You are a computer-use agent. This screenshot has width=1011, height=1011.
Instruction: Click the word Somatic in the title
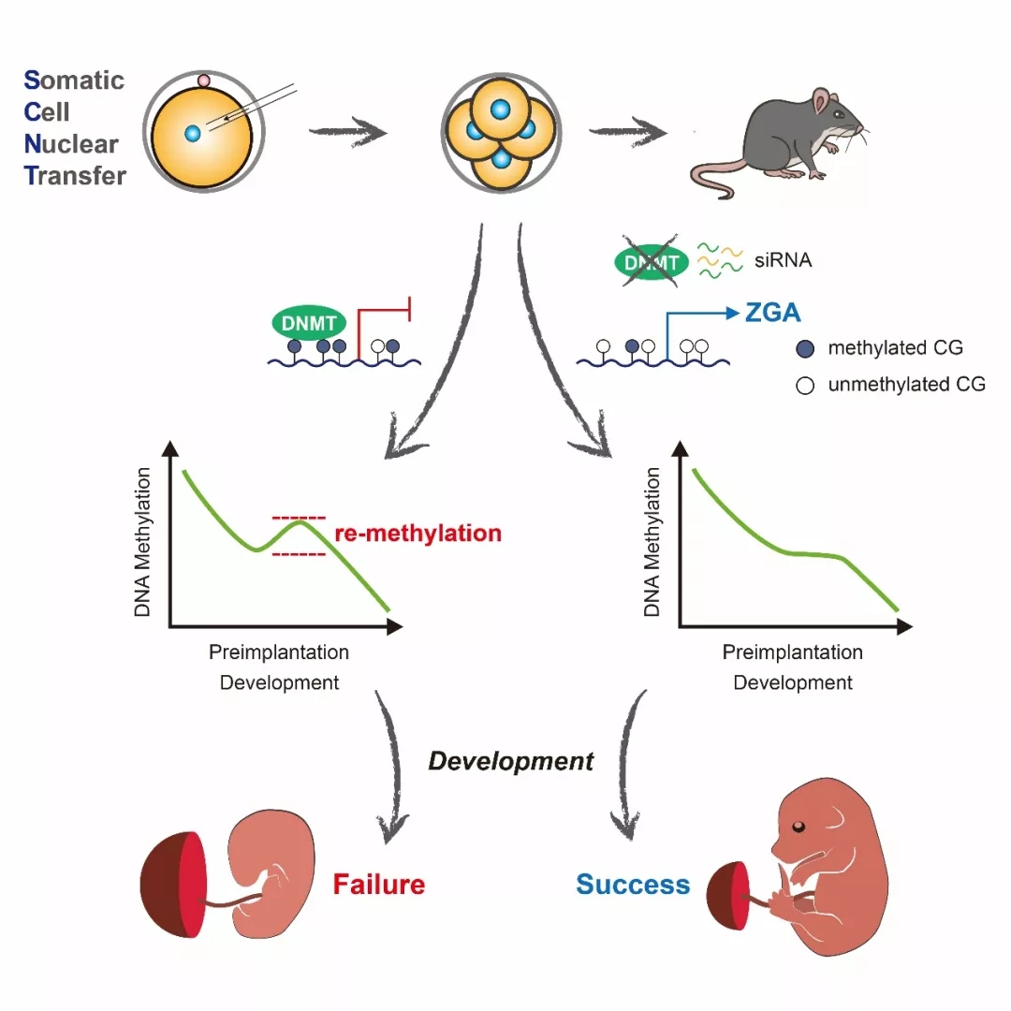click(x=74, y=80)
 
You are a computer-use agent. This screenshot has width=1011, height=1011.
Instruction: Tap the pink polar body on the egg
click(x=204, y=81)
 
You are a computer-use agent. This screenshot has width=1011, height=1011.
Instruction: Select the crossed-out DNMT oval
click(x=652, y=262)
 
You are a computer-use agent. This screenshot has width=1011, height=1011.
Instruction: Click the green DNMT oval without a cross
click(x=309, y=323)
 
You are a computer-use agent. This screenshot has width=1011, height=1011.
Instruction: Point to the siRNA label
click(x=783, y=260)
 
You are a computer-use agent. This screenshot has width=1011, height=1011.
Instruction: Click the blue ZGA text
click(x=772, y=313)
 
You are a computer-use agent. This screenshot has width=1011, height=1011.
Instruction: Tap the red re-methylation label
click(x=418, y=534)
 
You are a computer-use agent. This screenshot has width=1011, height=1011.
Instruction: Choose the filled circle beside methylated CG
click(x=805, y=349)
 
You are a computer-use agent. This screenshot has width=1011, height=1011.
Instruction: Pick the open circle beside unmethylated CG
click(x=805, y=386)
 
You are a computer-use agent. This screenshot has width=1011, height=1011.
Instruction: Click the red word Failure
click(x=378, y=884)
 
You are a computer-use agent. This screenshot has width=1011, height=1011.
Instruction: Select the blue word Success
click(x=633, y=884)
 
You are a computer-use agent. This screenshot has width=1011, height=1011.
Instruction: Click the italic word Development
click(x=511, y=761)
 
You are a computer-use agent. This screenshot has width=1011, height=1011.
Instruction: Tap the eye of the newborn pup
click(x=799, y=827)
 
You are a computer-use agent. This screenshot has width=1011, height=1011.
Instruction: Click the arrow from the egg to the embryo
click(x=348, y=132)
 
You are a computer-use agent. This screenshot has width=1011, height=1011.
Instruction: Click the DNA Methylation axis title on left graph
click(x=142, y=542)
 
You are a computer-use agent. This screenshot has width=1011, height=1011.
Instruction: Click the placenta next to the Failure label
click(x=173, y=884)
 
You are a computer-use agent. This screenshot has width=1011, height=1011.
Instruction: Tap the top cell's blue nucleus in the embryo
click(x=500, y=109)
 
